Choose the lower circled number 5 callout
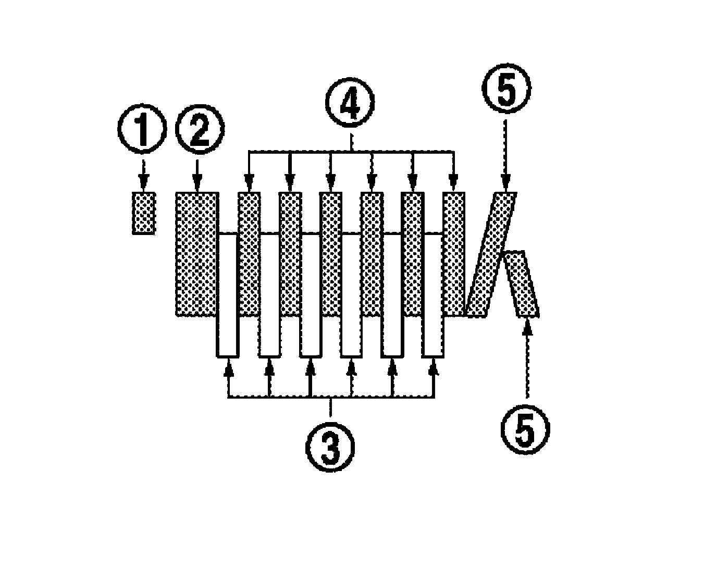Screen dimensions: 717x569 click(525, 428)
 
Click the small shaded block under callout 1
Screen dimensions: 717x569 click(143, 213)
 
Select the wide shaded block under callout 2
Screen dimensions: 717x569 click(196, 254)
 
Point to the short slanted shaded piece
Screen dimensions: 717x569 click(523, 284)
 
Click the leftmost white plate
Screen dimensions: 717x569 click(227, 295)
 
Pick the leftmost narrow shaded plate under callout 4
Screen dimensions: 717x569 click(249, 254)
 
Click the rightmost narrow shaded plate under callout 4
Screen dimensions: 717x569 click(453, 254)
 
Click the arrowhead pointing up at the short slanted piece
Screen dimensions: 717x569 click(527, 326)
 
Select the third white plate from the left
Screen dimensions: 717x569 click(310, 295)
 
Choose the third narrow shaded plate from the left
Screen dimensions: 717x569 click(330, 254)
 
